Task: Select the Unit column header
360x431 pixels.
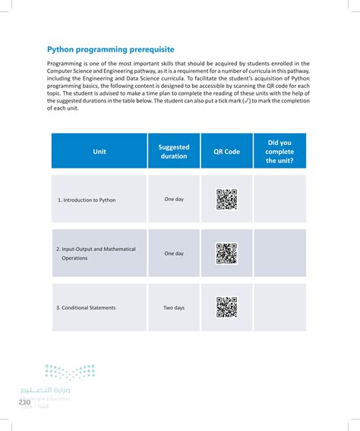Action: pos(99,151)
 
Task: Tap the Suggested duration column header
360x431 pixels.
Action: pos(174,151)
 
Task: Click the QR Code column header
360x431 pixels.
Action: pos(226,151)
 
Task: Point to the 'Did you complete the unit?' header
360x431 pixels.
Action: pos(279,151)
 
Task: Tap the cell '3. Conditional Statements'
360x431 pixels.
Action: pos(86,307)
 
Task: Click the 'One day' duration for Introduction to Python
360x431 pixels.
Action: pos(174,199)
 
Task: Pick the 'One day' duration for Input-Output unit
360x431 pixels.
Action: pos(174,253)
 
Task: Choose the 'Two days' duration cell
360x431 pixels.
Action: pos(174,307)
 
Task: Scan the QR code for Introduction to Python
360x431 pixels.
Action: pos(226,199)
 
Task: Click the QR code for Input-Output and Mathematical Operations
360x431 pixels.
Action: pos(226,253)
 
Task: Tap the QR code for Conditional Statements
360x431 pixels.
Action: pos(226,307)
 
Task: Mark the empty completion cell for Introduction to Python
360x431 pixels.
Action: pos(279,199)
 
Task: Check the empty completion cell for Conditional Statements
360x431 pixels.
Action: pos(279,307)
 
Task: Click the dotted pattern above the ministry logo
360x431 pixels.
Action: pos(70,371)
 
